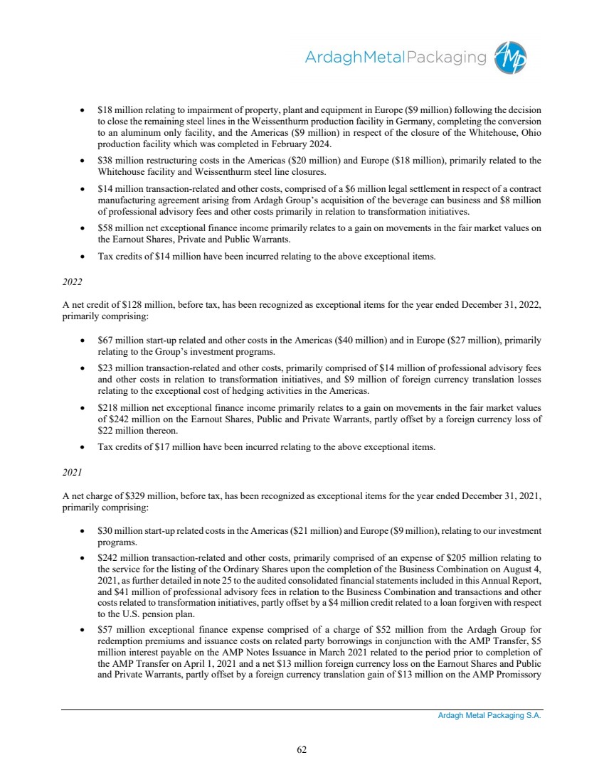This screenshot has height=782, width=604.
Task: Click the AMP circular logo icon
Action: click(x=512, y=58)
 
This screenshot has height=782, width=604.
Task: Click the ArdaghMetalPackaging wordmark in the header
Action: click(x=396, y=58)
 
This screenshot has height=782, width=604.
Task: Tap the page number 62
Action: click(x=302, y=749)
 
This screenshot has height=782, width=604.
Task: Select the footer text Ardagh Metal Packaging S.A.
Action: click(x=489, y=716)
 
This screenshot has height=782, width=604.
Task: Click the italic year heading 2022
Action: click(x=73, y=282)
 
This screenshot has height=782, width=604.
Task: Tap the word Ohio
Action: click(x=530, y=132)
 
